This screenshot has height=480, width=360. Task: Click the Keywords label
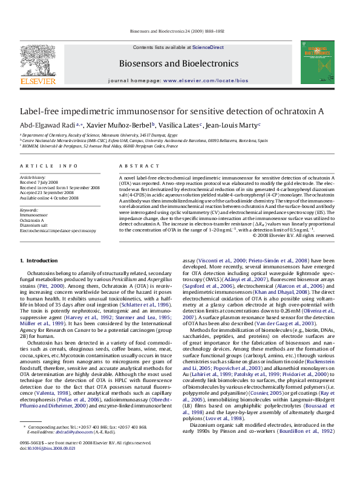pos(30,209)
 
